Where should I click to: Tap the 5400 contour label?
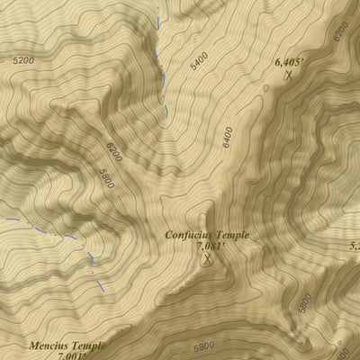[x=199, y=60]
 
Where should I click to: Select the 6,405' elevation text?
[x=289, y=62]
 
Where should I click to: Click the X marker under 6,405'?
[x=288, y=76]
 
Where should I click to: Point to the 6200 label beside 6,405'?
[x=339, y=32]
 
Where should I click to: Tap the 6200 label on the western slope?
[x=114, y=153]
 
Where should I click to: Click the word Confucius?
[x=187, y=235]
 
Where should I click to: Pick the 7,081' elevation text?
[x=210, y=246]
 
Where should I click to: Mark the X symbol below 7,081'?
[x=209, y=261]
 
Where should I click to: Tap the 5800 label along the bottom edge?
[x=203, y=345]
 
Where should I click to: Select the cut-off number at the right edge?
[x=354, y=244]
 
